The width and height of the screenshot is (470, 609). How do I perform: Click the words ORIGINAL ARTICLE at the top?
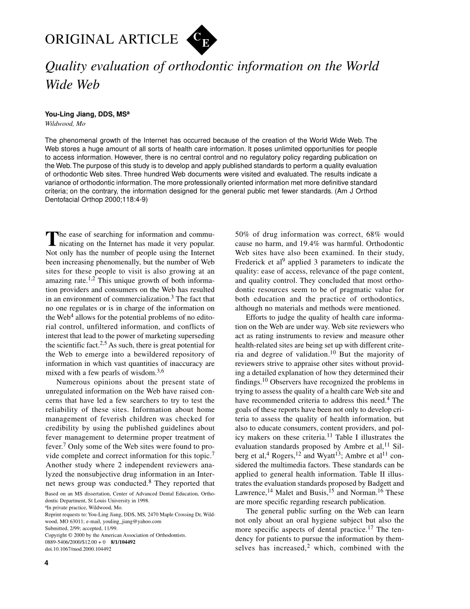tap(111, 40)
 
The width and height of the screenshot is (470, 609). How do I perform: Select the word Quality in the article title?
tap(64, 66)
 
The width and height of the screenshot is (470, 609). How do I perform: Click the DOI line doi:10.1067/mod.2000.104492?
tap(78, 549)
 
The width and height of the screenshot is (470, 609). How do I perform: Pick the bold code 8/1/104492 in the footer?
tap(123, 542)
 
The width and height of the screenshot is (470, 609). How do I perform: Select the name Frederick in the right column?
tap(253, 262)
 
